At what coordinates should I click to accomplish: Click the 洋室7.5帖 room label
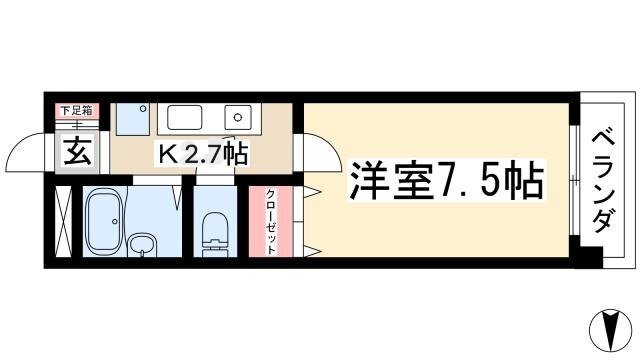tap(447, 180)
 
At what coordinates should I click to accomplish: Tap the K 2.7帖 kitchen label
tap(202, 154)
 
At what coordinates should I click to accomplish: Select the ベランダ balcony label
tap(603, 182)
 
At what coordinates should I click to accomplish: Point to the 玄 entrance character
tap(77, 151)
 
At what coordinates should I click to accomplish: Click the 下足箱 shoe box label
tap(77, 110)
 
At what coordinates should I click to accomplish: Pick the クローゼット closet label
tap(271, 222)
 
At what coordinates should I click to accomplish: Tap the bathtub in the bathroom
tap(104, 223)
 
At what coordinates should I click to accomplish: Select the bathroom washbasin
tap(142, 245)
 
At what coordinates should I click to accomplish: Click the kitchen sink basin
tap(184, 118)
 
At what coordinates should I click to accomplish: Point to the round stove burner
tap(238, 118)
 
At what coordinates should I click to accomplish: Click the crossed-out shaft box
tap(63, 222)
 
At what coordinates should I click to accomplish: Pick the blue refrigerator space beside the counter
tap(133, 119)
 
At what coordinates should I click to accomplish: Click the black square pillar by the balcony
tap(588, 257)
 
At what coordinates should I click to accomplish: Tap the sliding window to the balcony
tap(574, 180)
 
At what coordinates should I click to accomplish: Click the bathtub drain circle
tap(115, 222)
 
